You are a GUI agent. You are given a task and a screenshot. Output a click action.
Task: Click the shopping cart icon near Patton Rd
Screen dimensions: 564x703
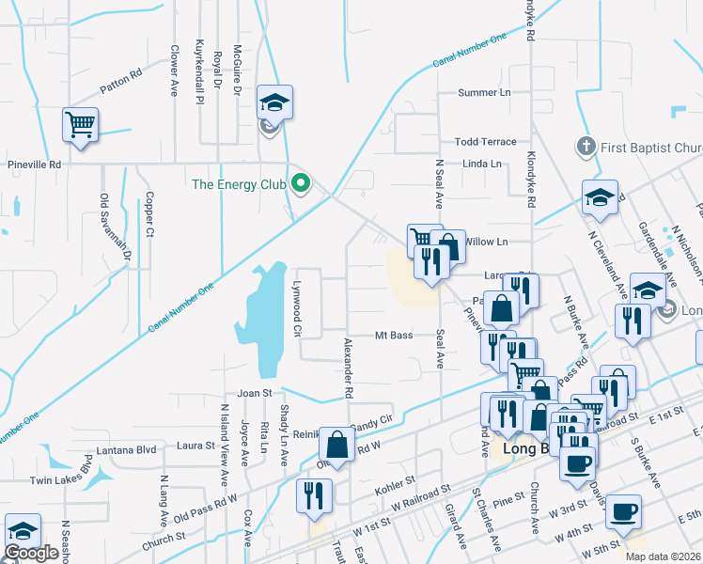coord(81,123)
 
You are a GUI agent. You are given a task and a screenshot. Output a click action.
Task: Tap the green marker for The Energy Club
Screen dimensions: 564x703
coord(301,183)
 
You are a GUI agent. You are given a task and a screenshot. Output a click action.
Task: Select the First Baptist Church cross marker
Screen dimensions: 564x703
coord(585,148)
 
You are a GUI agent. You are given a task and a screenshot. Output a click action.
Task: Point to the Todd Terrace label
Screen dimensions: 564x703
coord(485,142)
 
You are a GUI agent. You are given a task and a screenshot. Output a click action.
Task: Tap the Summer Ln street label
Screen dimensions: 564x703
coord(483,93)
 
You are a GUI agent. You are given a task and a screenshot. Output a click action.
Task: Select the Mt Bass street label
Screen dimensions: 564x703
coord(394,336)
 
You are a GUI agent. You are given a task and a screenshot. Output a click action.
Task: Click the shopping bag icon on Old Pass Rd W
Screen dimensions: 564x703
coord(336,446)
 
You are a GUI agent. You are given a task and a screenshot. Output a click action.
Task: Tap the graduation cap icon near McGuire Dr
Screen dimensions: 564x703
coord(275,102)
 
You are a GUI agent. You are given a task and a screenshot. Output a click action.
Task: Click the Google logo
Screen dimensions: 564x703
coord(31,553)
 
